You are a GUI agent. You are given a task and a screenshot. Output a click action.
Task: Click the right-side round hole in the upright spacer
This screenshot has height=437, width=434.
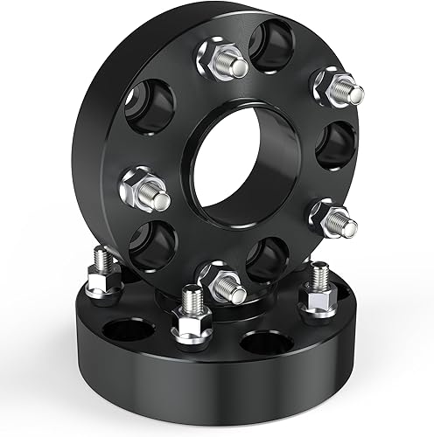coord(335,144)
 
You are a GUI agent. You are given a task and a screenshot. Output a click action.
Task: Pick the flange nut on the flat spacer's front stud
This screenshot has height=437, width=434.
coord(188,329)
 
